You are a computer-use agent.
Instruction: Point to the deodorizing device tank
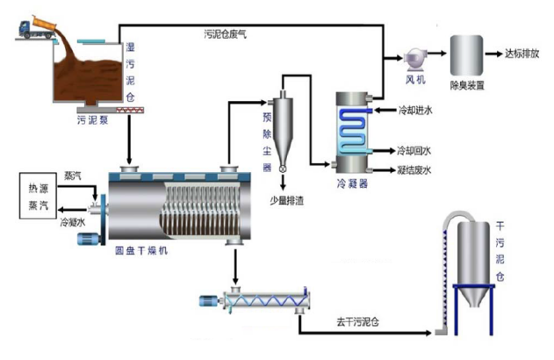466,56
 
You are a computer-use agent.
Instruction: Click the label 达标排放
522,54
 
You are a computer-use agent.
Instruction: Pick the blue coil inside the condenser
355,126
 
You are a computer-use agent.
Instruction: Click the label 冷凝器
351,185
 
